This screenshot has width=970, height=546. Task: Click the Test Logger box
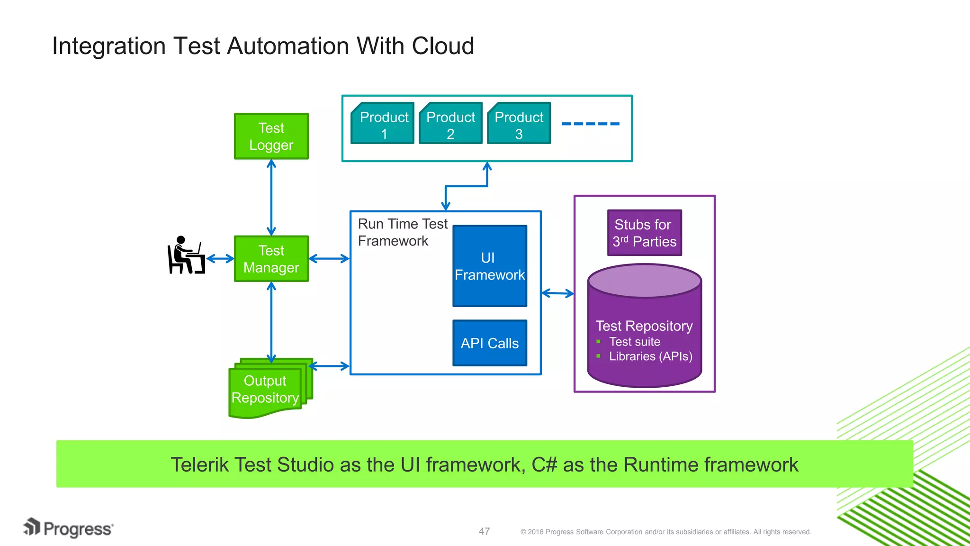[271, 136]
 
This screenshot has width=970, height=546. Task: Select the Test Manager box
[271, 259]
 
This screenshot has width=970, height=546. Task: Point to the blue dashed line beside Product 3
[590, 124]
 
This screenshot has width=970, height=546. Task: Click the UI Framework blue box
[490, 266]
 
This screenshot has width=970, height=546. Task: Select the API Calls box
[490, 343]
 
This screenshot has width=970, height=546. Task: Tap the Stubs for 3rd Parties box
[644, 233]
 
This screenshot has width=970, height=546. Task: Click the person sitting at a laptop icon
[186, 256]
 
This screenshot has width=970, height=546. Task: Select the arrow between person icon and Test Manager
[220, 259]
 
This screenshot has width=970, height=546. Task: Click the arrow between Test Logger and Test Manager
[271, 197]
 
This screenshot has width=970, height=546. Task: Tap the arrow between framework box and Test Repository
[557, 293]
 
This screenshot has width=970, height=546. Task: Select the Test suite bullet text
[634, 342]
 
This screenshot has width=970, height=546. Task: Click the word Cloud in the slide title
[443, 46]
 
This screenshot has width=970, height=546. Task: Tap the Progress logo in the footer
[69, 528]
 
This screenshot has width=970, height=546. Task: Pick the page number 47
[484, 531]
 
